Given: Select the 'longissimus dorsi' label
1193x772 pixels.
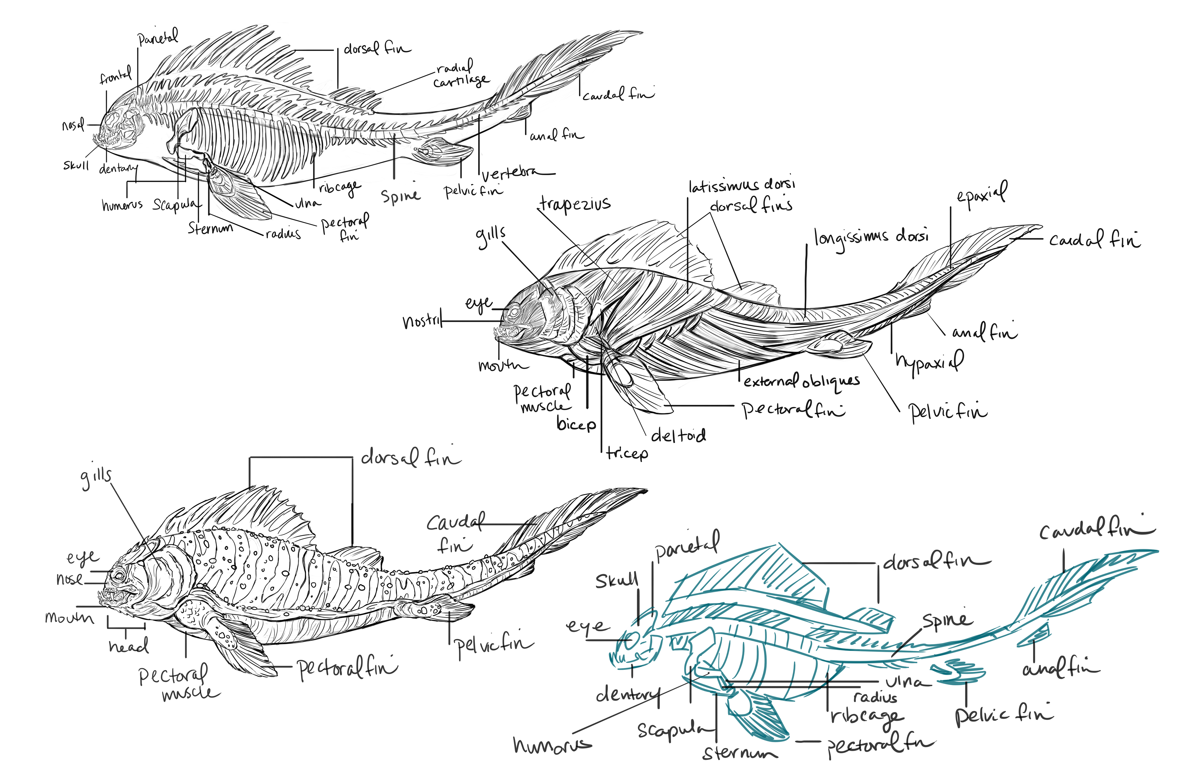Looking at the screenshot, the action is tap(871, 237).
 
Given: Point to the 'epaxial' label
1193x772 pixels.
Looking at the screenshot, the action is tap(981, 193).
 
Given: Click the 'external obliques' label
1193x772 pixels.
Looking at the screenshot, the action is tap(801, 382).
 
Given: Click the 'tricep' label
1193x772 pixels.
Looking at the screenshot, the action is tap(627, 454).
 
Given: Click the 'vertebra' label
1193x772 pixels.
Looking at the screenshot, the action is tap(516, 173).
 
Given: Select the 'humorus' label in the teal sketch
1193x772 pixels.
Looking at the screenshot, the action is tap(552, 745).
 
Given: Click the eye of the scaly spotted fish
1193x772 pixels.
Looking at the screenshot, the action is tap(119, 575).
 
